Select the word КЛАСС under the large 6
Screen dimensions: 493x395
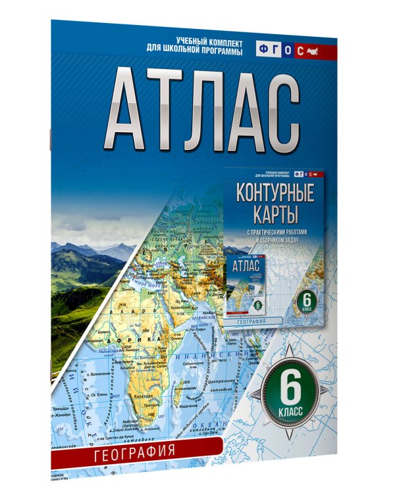click(294, 411)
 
